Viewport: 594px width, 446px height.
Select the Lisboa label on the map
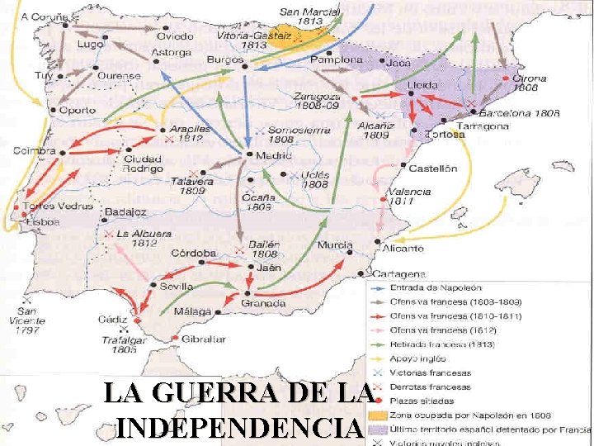click(42, 221)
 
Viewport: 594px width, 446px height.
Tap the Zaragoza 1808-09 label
click(318, 101)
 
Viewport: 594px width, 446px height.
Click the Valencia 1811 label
click(409, 197)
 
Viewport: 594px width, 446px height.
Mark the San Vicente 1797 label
click(28, 321)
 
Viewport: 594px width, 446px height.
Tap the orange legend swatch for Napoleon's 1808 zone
click(378, 415)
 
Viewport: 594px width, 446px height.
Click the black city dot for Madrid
click(249, 154)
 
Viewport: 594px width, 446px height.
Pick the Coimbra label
click(35, 151)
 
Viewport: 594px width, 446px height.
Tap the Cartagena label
click(399, 274)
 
